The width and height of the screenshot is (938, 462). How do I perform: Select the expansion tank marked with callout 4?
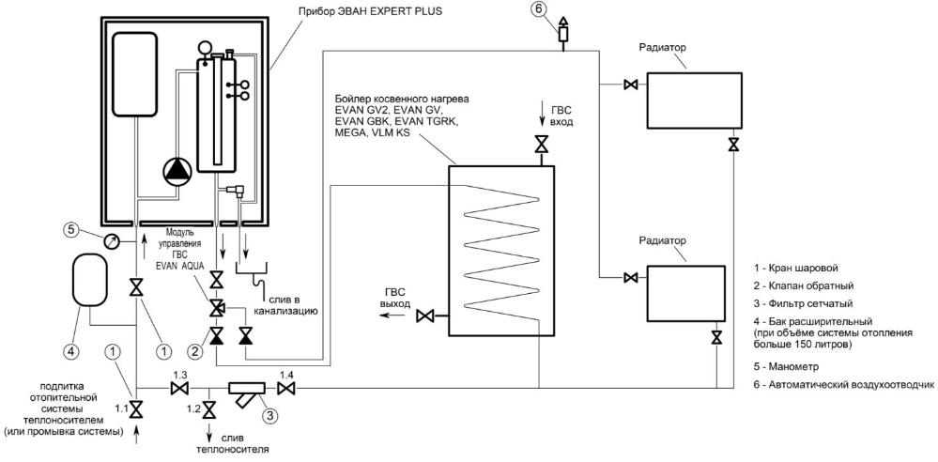coord(90,279)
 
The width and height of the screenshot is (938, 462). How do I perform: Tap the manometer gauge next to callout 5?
coord(111,241)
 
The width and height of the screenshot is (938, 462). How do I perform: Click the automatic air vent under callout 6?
coord(564,34)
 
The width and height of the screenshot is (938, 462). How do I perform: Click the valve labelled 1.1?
coord(137,409)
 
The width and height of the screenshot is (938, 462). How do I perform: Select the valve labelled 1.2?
coord(209,409)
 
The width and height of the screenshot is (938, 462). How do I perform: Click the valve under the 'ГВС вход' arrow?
coord(541,145)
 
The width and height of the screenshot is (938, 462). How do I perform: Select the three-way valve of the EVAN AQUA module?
coord(217,309)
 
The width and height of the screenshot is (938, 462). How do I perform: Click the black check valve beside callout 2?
coord(217,335)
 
